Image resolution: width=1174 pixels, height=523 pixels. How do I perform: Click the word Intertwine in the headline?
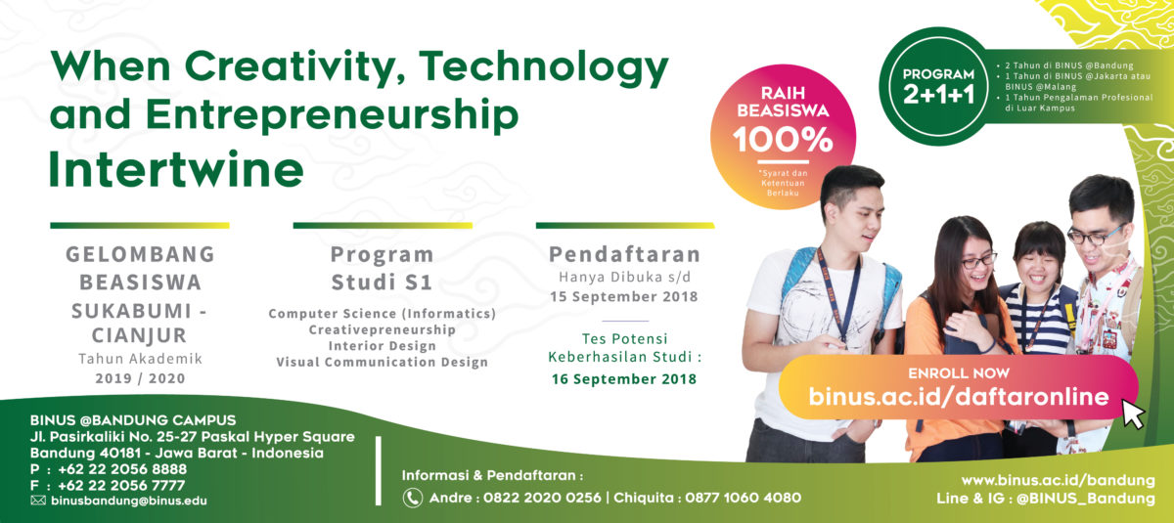click(x=176, y=168)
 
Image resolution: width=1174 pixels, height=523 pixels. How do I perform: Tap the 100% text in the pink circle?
click(x=783, y=141)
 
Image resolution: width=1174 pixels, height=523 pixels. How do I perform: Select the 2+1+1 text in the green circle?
click(x=938, y=95)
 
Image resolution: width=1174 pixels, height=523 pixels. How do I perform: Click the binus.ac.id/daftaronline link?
click(x=959, y=396)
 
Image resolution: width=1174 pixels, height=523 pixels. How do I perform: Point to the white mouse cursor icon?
click(x=1133, y=414)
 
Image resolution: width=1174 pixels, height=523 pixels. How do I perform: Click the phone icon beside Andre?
click(x=413, y=498)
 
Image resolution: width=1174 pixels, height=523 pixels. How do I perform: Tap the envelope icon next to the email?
click(x=38, y=501)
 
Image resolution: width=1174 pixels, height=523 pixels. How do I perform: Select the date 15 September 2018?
click(x=624, y=297)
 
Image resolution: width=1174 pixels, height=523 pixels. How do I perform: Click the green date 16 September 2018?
click(x=624, y=379)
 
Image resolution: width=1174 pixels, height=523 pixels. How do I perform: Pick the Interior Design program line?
click(x=383, y=346)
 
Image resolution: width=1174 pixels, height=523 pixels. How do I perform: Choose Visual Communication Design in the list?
click(x=383, y=363)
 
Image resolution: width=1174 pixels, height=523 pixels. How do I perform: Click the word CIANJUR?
click(x=139, y=335)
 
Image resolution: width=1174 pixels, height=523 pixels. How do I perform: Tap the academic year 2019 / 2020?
click(x=140, y=378)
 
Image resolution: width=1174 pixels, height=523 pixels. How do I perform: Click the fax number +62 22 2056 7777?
click(x=121, y=485)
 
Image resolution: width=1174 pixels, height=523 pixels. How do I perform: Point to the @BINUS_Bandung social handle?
click(x=1085, y=499)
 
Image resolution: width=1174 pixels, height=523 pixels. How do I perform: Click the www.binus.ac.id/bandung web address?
click(x=1059, y=481)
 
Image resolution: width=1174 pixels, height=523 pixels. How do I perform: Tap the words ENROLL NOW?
click(x=959, y=373)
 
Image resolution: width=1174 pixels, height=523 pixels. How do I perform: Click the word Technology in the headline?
click(x=544, y=68)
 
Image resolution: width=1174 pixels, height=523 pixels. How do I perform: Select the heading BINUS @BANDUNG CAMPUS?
click(x=133, y=420)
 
